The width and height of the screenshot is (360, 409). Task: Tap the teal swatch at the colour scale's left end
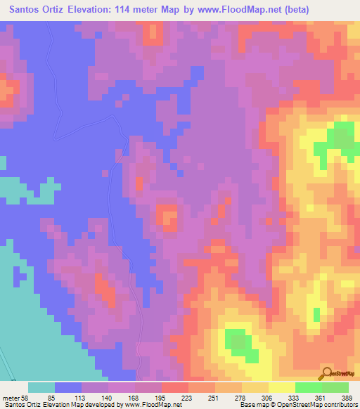point(41,387)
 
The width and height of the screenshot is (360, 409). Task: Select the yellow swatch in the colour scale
point(282,387)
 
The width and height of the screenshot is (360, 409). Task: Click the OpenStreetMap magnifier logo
point(326,374)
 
